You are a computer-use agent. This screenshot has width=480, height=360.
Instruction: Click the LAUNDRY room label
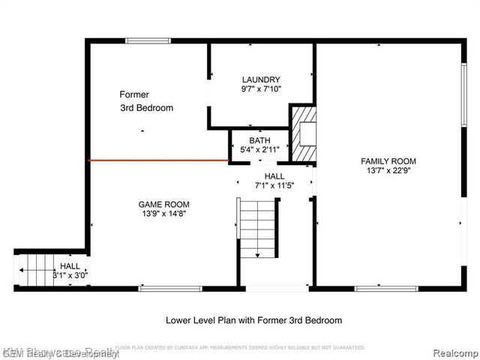(x=261, y=79)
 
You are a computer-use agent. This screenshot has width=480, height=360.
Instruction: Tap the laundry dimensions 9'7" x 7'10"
(x=261, y=90)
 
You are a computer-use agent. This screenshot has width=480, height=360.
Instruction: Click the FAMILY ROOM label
(x=388, y=161)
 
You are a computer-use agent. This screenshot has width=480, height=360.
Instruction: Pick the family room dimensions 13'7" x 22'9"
(x=388, y=172)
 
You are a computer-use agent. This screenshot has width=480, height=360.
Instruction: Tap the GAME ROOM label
(x=163, y=204)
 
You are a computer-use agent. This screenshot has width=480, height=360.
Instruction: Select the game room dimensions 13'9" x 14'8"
(x=163, y=214)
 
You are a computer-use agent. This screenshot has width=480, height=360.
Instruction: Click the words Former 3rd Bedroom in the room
(x=146, y=101)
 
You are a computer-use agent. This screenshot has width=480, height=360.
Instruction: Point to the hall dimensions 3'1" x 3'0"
(x=71, y=275)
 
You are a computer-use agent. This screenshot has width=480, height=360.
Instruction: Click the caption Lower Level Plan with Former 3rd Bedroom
(x=253, y=320)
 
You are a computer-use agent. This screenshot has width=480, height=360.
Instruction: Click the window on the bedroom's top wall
(x=148, y=40)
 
